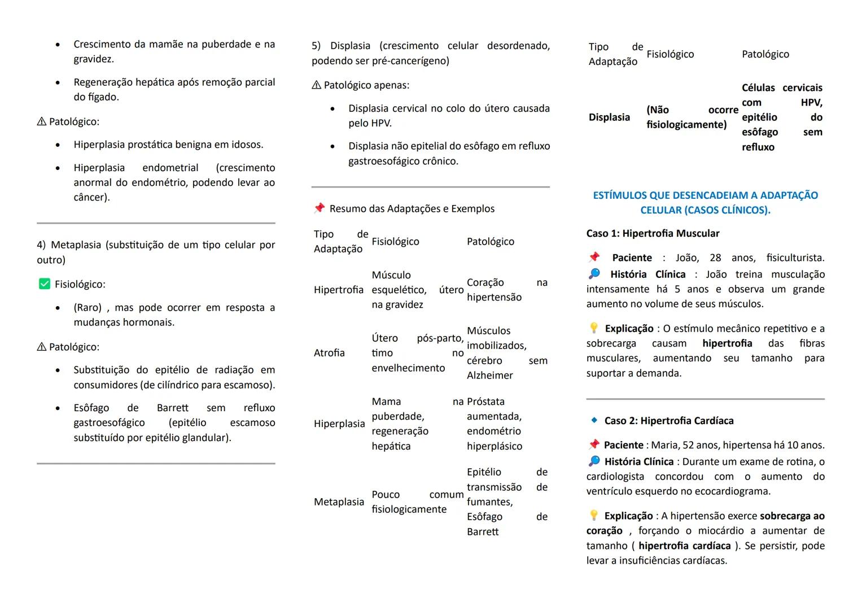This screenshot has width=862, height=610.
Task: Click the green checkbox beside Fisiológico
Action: (44, 284)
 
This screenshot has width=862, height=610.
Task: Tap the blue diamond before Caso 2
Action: (594, 420)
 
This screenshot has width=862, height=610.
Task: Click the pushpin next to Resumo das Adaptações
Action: (320, 208)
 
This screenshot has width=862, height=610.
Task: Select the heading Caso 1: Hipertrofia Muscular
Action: (653, 233)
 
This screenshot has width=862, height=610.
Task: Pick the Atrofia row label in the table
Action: (329, 353)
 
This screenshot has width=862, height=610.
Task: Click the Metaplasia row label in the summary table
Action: (339, 502)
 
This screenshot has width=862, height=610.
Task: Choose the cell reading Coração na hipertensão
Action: (506, 290)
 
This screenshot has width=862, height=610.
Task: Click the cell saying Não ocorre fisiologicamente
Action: (692, 117)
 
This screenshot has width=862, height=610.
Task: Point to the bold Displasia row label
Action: (609, 117)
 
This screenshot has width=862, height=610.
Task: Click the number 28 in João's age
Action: (715, 258)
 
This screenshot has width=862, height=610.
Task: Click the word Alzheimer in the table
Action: (489, 375)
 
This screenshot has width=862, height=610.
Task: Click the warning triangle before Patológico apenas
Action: (316, 85)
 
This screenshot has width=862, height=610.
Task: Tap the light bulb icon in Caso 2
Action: (593, 515)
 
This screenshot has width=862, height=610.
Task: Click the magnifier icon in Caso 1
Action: (594, 274)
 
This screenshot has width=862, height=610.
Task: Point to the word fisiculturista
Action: (795, 258)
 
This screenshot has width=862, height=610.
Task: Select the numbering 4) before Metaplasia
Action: (41, 245)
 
